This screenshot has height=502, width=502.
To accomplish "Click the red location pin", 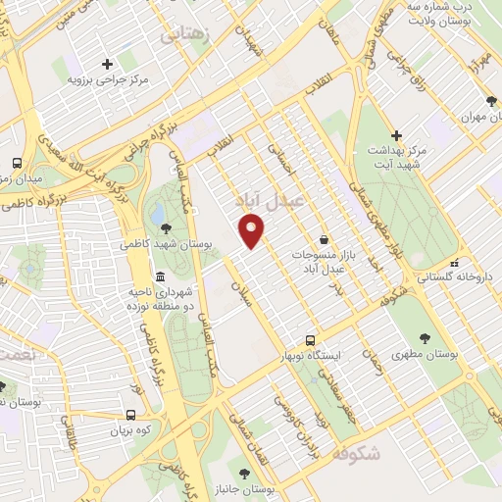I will click(253, 231).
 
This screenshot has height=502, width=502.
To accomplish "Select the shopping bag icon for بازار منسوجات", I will click(323, 239).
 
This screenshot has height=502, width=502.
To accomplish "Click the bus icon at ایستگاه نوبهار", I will click(310, 340).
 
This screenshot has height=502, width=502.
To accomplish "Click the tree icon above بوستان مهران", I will click(489, 101).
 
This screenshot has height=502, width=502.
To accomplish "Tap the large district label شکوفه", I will click(355, 454).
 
